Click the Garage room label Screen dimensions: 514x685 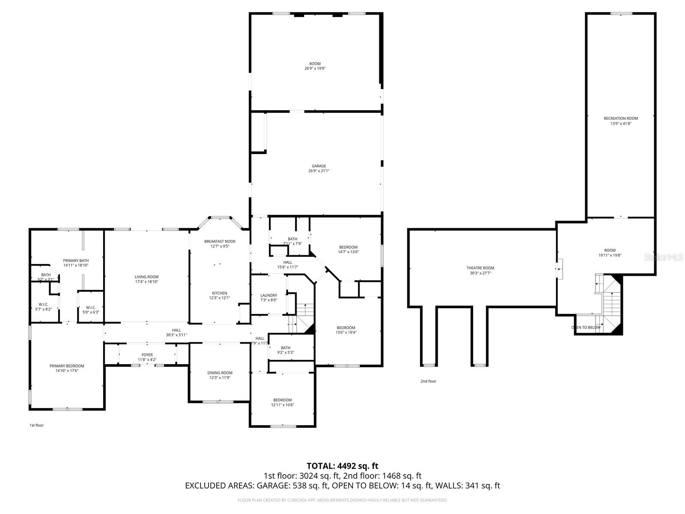319,166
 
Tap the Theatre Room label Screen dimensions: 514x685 480,268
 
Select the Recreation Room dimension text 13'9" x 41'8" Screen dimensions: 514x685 621,124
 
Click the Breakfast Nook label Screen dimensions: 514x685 220,242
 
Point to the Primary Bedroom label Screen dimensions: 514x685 67,366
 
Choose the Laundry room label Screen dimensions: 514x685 268,295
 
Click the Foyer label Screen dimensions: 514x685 147,355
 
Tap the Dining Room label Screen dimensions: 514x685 220,373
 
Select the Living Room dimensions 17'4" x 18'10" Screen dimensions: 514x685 146,282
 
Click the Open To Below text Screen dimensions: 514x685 586,328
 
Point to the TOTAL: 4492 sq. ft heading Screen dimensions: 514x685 342,466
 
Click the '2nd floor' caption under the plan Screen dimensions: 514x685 428,381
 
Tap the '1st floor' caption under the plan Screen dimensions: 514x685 36,425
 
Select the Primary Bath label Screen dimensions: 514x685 76,260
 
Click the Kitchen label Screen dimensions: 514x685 219,293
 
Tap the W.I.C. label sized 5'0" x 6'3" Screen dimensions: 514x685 90,307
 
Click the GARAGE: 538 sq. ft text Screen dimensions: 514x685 292,486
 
